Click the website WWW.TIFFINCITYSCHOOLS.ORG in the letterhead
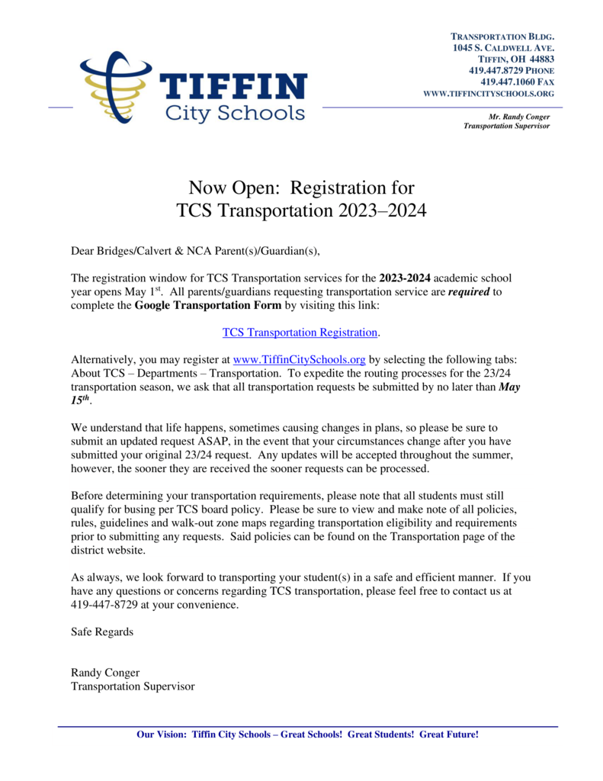point(488,93)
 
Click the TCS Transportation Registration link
point(300,333)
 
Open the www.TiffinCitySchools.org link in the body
point(300,359)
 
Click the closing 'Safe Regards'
point(102,632)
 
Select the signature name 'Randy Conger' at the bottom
point(105,672)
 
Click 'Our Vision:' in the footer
point(162,734)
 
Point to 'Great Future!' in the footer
point(449,734)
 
